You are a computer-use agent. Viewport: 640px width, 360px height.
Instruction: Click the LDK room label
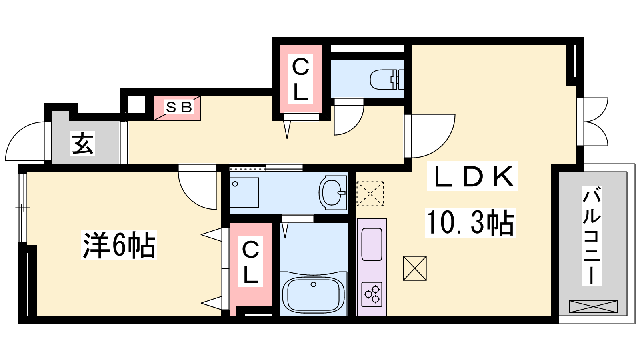click(x=472, y=176)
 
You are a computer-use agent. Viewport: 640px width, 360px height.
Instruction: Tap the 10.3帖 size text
click(x=470, y=223)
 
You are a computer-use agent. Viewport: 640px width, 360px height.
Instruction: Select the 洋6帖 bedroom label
click(x=119, y=245)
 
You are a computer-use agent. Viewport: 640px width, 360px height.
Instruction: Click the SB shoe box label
click(x=178, y=108)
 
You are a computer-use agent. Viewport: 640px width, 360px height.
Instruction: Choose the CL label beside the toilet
click(x=300, y=79)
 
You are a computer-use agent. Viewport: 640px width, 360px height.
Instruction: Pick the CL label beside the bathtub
click(x=250, y=262)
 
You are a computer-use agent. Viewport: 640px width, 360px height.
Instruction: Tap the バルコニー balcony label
click(x=592, y=236)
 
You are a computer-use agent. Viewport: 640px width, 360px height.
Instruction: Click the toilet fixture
click(x=387, y=80)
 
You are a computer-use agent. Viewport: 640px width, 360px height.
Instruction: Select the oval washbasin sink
click(x=332, y=193)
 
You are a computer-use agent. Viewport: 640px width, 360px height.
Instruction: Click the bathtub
click(x=314, y=295)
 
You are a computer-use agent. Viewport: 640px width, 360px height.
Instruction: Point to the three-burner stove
click(x=372, y=294)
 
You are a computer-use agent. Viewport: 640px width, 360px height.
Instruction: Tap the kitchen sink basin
click(x=372, y=244)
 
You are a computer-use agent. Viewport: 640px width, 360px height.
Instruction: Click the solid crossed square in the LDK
click(x=414, y=268)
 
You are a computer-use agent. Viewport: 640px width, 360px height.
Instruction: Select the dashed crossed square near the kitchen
click(x=370, y=194)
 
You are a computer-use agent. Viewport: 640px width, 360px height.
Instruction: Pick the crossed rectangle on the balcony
click(x=594, y=306)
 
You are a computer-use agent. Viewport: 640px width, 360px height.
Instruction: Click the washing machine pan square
click(x=244, y=192)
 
